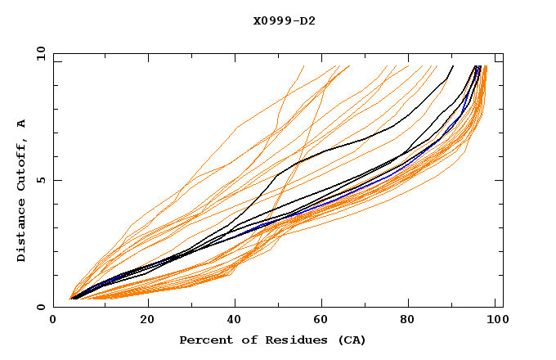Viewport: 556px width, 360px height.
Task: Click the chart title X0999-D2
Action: pos(284,20)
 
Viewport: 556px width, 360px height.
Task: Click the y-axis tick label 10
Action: pos(40,53)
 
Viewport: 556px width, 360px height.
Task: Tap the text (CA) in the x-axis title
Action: pos(352,340)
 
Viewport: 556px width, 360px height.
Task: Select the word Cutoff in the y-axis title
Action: pos(22,163)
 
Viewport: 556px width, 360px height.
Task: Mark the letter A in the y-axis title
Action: pos(22,124)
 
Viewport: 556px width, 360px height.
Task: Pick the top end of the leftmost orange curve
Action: pos(303,66)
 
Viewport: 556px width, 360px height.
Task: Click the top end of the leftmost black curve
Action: pos(453,66)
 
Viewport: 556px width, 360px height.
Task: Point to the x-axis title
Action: pos(272,340)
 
